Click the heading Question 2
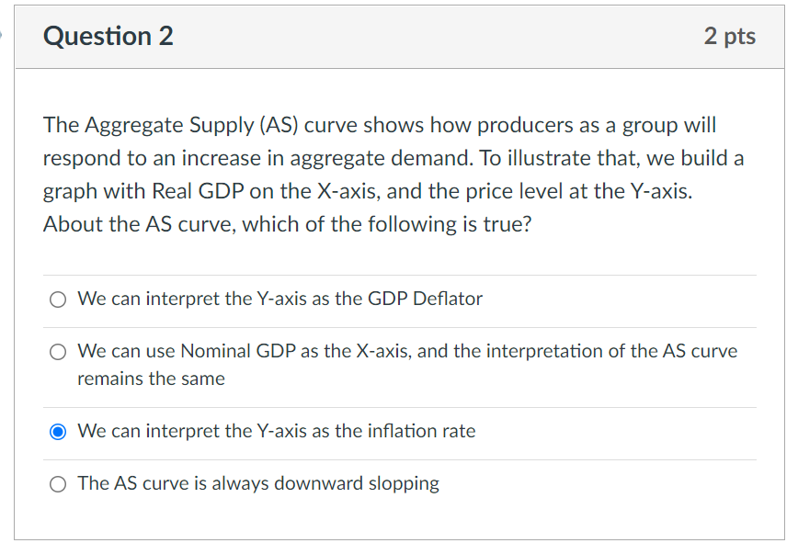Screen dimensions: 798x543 click(108, 36)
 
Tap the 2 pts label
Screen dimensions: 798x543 click(730, 36)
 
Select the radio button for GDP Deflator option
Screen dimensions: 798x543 click(58, 300)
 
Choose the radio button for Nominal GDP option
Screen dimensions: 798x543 click(58, 352)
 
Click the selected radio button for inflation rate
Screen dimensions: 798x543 click(58, 432)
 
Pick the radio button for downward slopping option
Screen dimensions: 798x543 click(58, 484)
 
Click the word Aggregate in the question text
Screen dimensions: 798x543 click(134, 126)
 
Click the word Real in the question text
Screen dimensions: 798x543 click(172, 191)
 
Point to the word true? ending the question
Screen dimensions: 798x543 click(507, 224)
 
